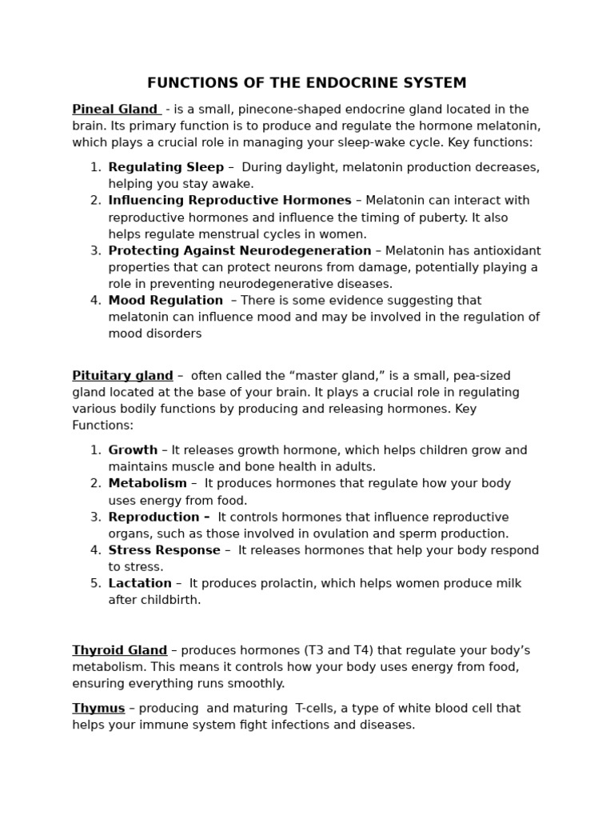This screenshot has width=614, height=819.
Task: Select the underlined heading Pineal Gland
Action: pos(115,110)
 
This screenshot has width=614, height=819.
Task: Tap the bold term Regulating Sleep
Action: pos(165,167)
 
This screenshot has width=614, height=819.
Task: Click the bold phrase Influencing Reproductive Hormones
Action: pos(229,201)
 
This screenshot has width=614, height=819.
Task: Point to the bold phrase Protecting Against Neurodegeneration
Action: pos(239,251)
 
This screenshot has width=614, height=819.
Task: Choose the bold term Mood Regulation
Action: pos(165,301)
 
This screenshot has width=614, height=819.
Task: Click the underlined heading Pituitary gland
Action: pos(122,376)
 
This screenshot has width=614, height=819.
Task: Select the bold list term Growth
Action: pos(133,450)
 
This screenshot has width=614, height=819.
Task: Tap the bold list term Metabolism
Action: pos(147,484)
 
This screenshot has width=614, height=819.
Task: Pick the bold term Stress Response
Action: pos(164,550)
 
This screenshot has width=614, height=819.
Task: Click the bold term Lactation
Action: pos(140,584)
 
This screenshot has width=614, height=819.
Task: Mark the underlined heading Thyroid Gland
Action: pos(119,650)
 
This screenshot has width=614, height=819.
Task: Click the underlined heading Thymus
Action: pos(98,709)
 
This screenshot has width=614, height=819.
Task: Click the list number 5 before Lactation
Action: pos(95,584)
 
